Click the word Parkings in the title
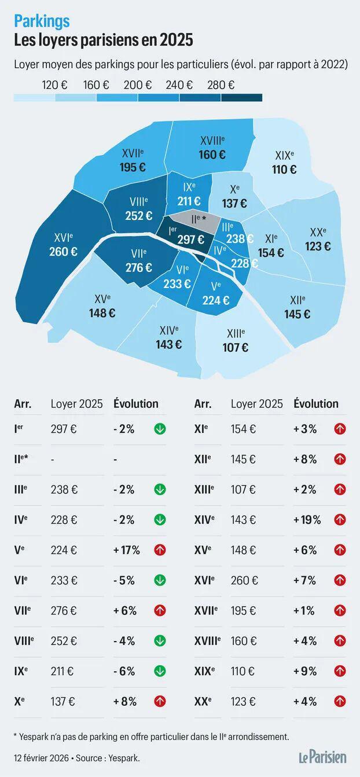tap(42, 21)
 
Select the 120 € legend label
tap(54, 84)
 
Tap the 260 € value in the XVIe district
tap(64, 252)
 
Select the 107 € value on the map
tap(235, 348)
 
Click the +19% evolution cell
tap(307, 520)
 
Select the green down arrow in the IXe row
tap(160, 671)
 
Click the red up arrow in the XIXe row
tap(340, 671)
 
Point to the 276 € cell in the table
tap(64, 610)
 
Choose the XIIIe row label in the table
tap(204, 489)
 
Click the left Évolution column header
tap(136, 403)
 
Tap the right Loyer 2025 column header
tap(256, 403)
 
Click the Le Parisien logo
tap(322, 756)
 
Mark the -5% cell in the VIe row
tap(124, 580)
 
